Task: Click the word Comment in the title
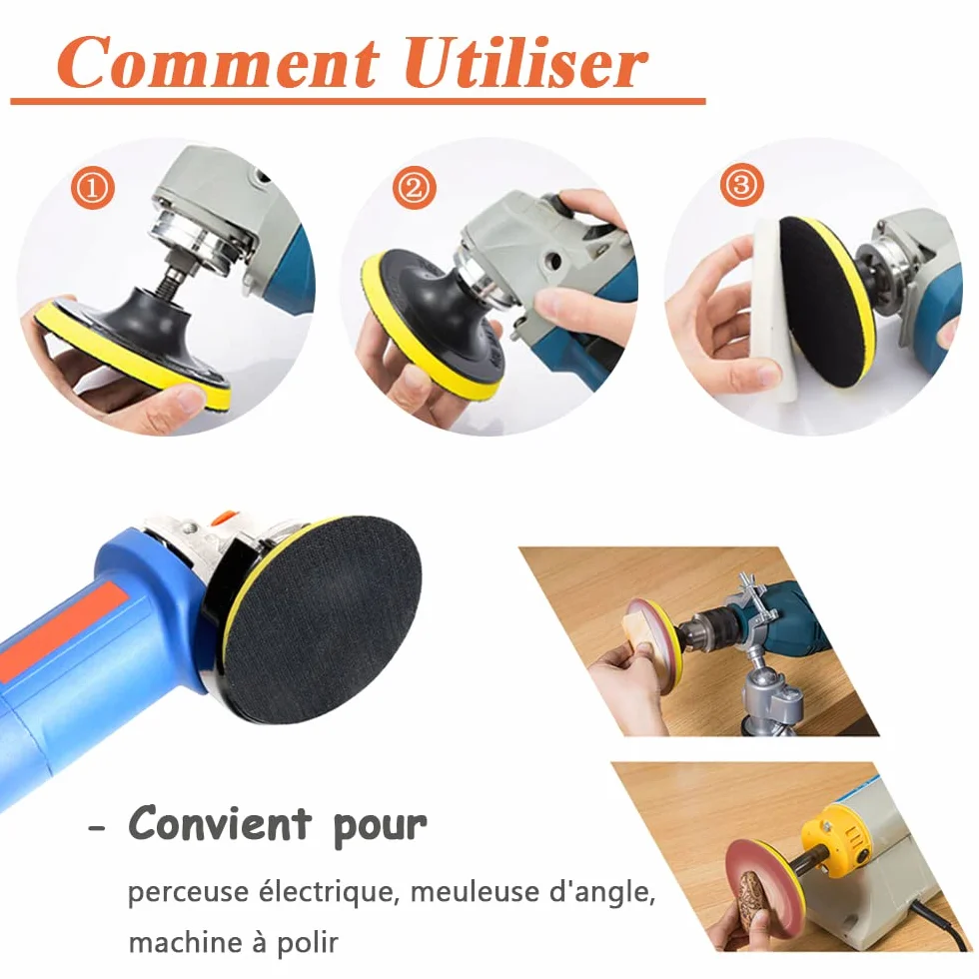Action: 219,62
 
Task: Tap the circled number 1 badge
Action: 92,188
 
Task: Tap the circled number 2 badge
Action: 415,188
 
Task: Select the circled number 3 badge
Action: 741,184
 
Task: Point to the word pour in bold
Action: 381,827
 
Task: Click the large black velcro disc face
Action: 323,619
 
